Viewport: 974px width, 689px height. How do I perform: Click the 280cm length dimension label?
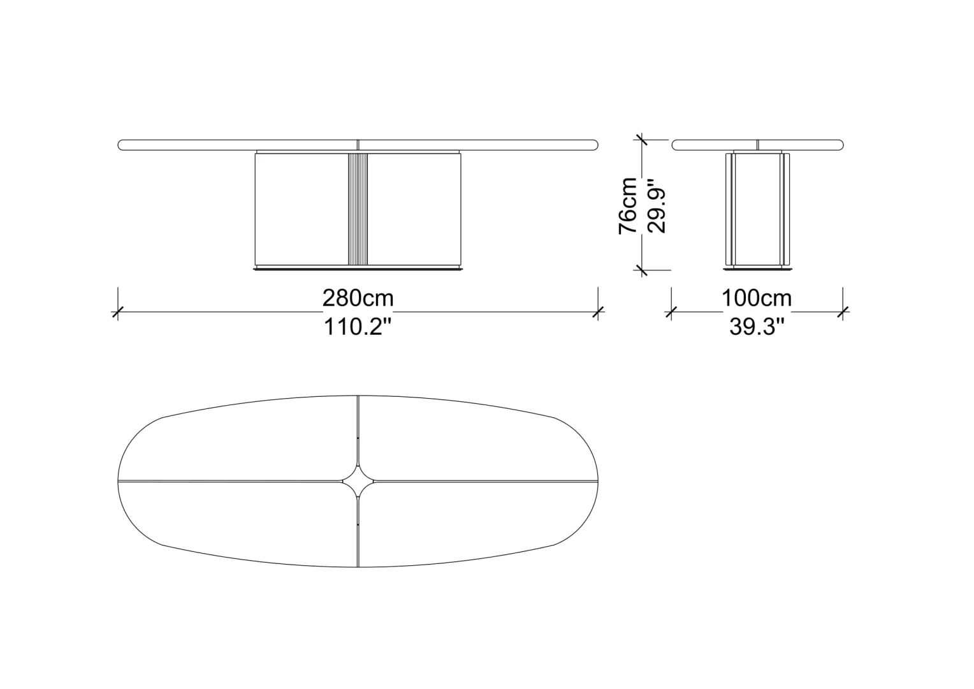click(x=358, y=299)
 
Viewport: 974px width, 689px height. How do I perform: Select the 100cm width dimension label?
click(x=757, y=299)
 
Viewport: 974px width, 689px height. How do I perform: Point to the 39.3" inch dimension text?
click(x=757, y=327)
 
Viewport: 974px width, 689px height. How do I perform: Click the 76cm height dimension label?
click(x=628, y=205)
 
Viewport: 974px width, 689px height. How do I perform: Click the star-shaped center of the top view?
click(x=358, y=481)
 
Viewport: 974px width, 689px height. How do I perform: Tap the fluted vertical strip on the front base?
click(x=358, y=209)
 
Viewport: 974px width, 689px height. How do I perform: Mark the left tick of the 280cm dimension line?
click(x=118, y=311)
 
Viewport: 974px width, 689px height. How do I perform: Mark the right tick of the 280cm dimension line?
click(x=598, y=311)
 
